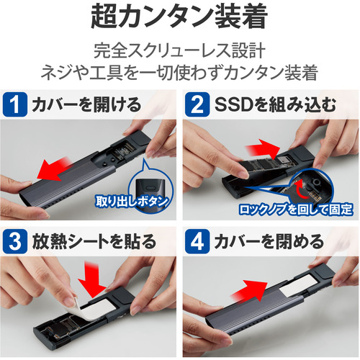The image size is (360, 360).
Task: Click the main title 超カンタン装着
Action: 179,17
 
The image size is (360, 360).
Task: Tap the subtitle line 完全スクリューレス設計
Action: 179,50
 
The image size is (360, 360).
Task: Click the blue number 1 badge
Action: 15,104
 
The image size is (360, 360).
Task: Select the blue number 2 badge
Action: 197,104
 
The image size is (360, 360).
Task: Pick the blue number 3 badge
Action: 15,241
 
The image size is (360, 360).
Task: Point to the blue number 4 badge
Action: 197,241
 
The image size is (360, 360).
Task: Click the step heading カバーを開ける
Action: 86,105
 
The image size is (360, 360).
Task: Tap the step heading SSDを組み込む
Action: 275,105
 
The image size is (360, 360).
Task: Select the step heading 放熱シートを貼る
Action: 94,241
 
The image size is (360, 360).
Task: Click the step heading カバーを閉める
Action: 269,241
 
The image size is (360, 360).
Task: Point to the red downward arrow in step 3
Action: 91,281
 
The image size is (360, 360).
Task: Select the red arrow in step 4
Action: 250,291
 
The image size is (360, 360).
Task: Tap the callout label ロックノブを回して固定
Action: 296,210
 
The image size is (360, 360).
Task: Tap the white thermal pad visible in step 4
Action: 290,287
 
